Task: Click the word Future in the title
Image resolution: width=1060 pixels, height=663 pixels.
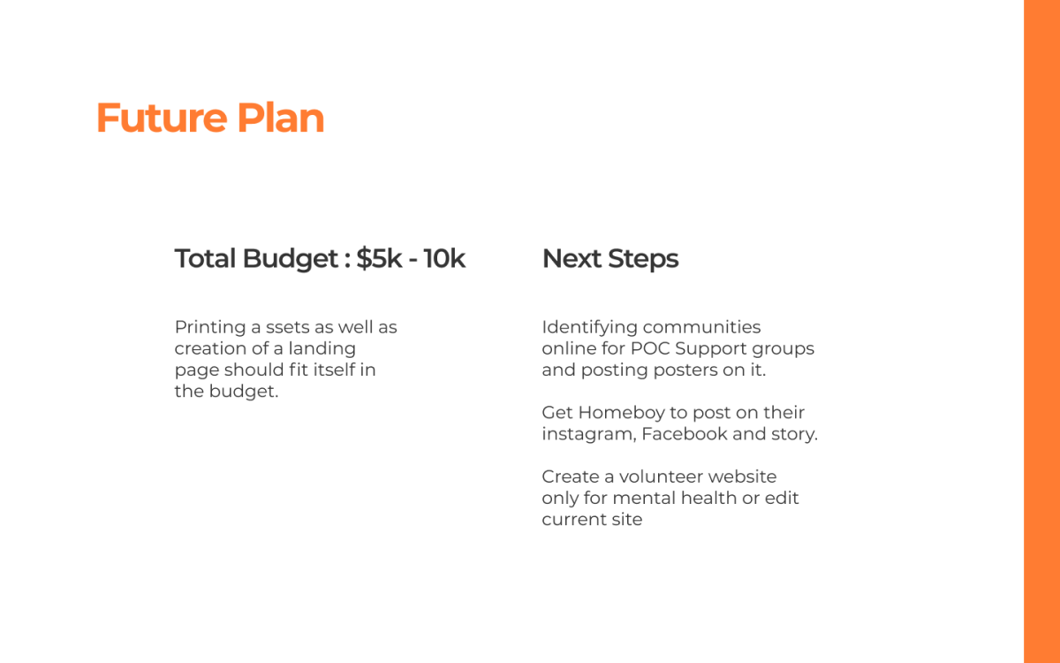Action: coord(162,118)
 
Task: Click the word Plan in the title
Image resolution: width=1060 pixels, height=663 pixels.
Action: coord(281,118)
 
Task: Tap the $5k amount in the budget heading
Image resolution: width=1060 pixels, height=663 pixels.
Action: coord(379,258)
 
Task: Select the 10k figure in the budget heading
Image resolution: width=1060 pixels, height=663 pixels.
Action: coord(444,258)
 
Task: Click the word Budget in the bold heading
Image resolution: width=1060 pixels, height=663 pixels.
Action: coord(290,259)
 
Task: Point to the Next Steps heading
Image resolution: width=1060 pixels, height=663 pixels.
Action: coord(610,259)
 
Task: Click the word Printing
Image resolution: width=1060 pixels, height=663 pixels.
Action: coord(210,327)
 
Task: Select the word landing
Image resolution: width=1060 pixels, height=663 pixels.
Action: coord(322,348)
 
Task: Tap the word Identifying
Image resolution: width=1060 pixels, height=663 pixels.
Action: coord(590,327)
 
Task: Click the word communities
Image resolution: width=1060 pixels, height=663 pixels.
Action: coord(701,327)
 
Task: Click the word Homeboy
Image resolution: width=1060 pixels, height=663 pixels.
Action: coord(621,413)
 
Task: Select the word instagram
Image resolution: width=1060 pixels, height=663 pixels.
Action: coord(589,434)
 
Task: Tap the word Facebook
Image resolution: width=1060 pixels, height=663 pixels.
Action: coord(685,434)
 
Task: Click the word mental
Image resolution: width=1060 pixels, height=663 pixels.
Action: coord(644,498)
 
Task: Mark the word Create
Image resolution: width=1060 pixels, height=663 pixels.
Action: coord(571,476)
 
